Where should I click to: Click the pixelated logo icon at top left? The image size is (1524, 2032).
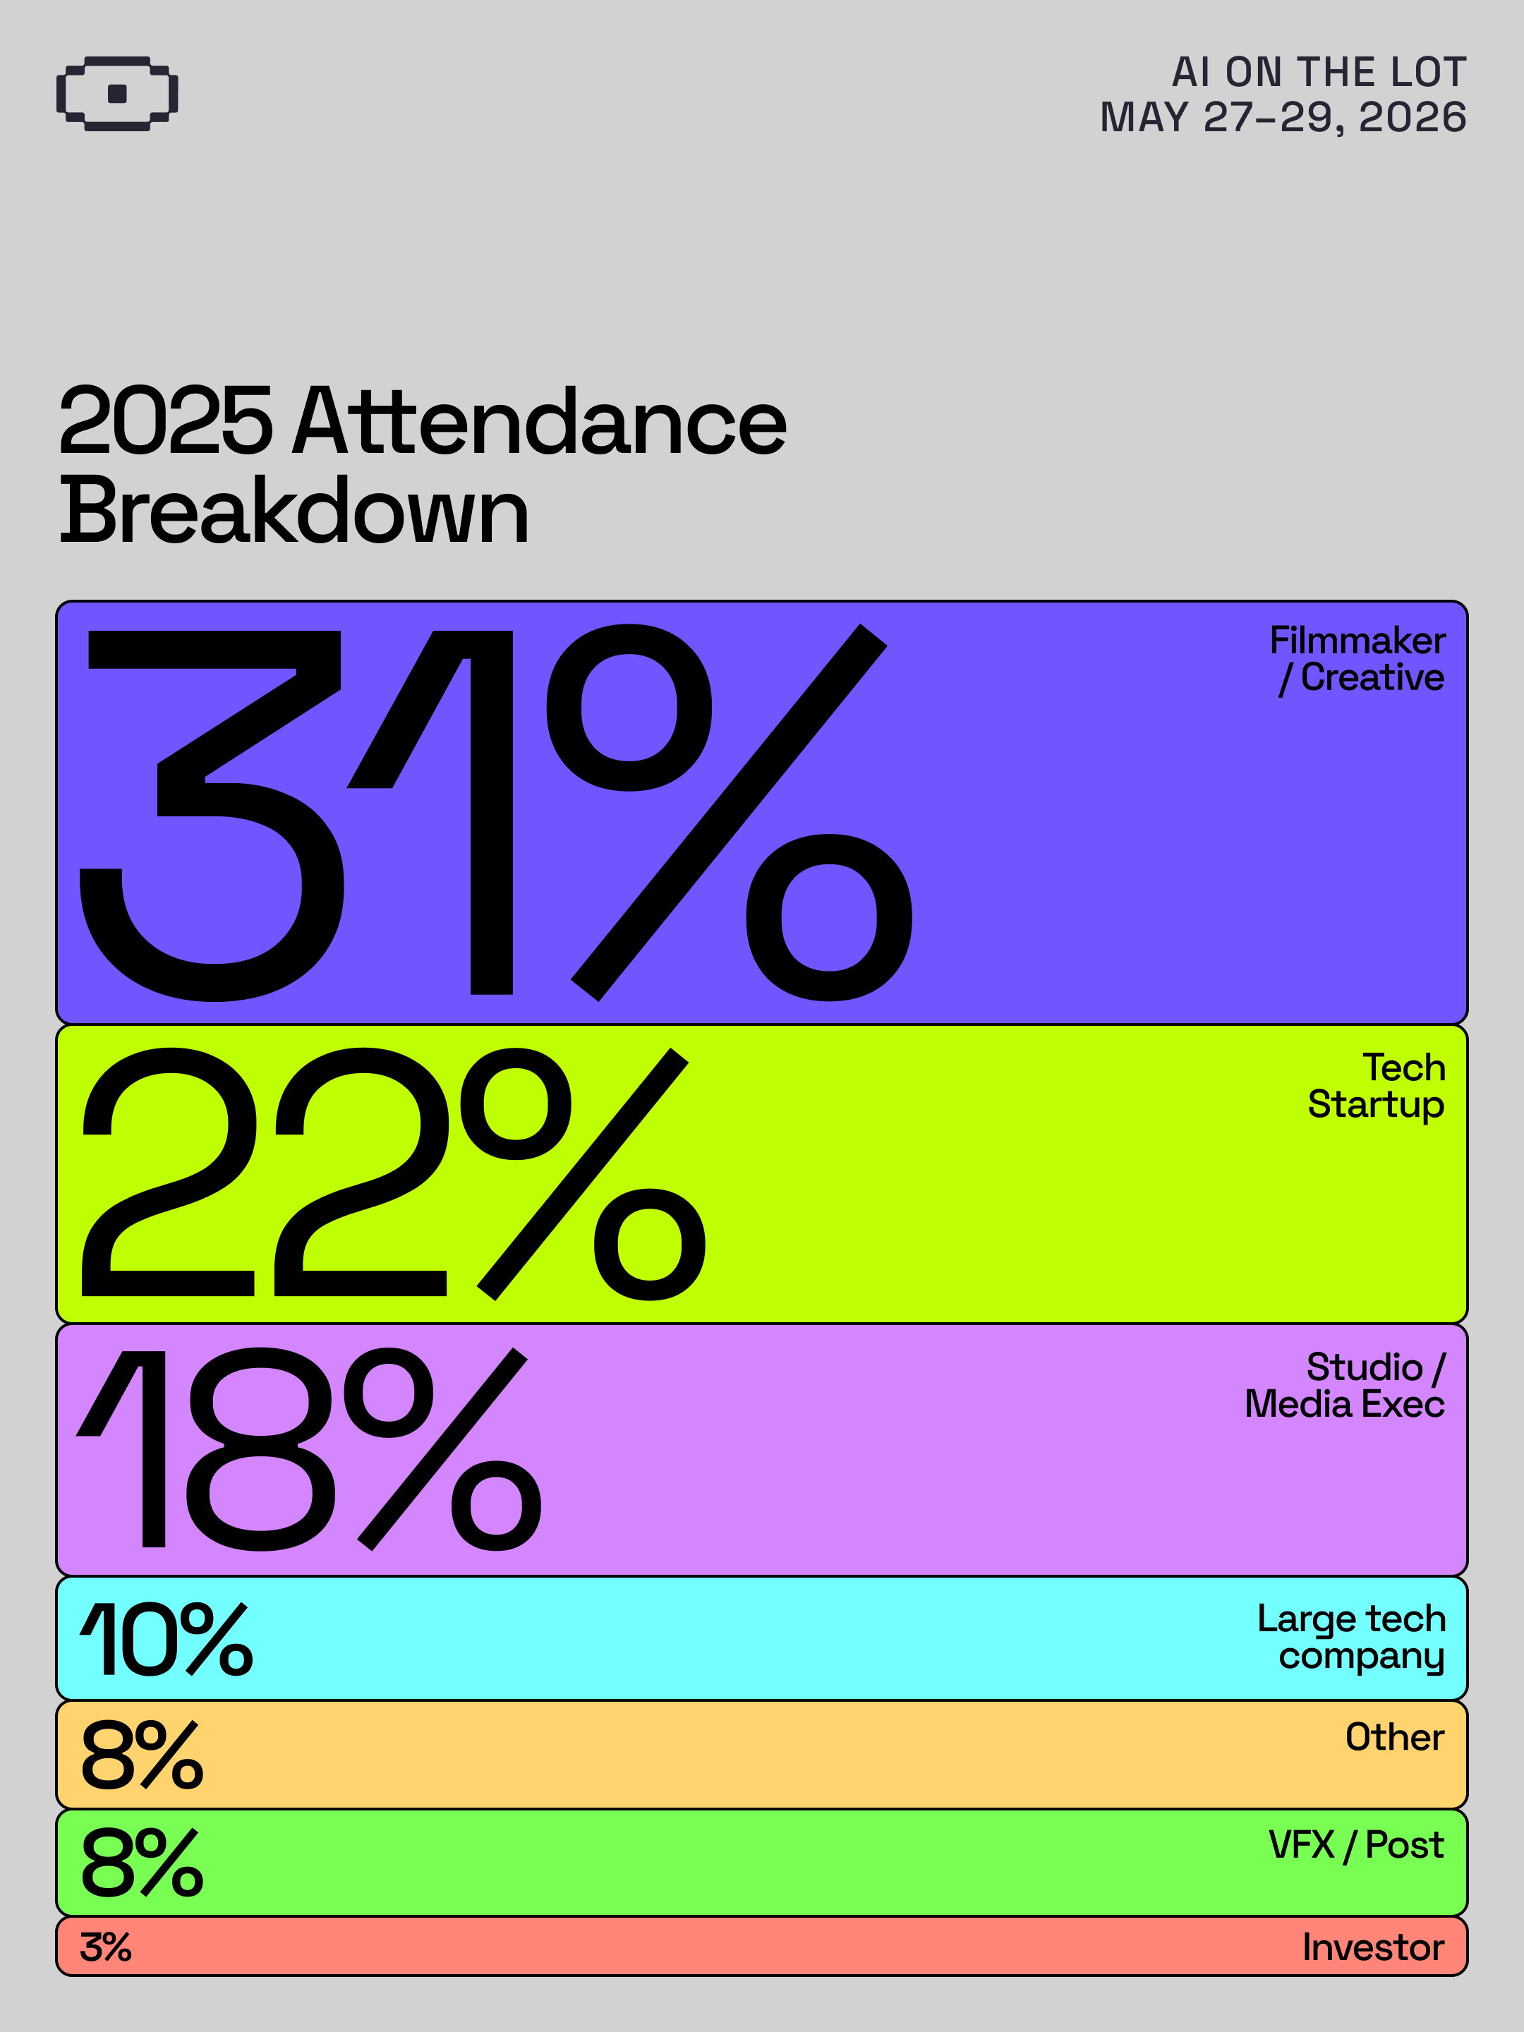(x=116, y=94)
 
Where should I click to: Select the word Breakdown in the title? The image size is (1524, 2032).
(x=294, y=511)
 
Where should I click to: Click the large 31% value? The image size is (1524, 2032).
(x=496, y=812)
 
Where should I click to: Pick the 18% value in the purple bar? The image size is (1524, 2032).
(x=308, y=1449)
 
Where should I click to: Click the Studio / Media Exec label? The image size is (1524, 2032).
(x=1345, y=1385)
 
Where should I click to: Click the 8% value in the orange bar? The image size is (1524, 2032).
(x=143, y=1755)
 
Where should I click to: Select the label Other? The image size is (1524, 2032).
(x=1394, y=1737)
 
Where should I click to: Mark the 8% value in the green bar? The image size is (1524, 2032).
(x=143, y=1862)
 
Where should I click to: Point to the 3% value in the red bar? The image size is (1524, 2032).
(x=106, y=1947)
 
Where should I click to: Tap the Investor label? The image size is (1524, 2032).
(x=1373, y=1947)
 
